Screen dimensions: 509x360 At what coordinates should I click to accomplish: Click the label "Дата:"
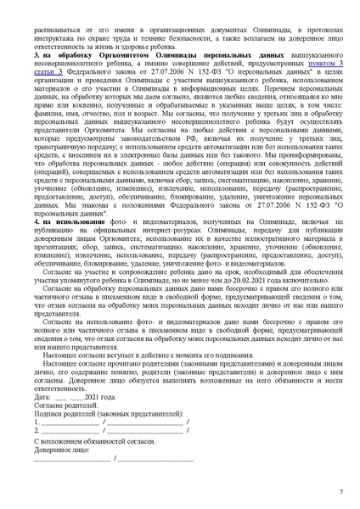[x=42, y=396]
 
